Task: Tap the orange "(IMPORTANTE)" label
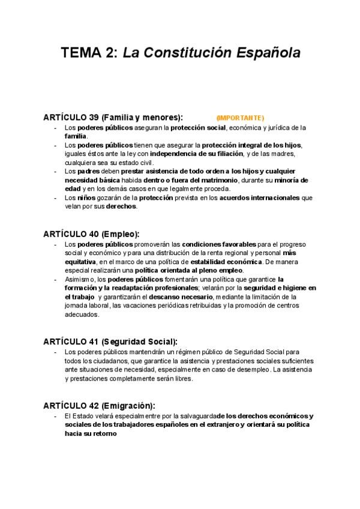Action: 240,118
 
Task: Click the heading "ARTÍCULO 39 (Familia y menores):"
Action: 113,117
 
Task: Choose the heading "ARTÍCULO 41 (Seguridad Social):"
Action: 110,341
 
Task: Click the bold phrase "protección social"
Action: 197,127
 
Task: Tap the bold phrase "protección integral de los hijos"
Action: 251,145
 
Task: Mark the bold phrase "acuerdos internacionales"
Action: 261,197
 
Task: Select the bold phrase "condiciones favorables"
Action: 218,244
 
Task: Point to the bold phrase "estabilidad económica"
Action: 226,262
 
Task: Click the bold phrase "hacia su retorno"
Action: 88,433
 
